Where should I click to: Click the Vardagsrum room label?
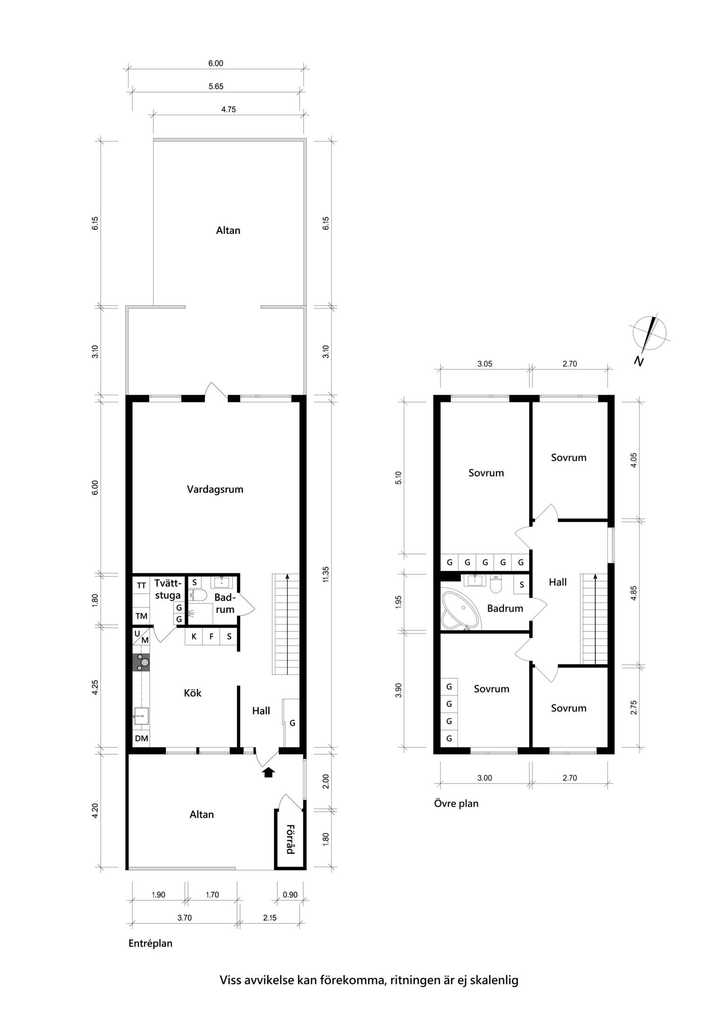215,489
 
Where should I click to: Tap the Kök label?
193,693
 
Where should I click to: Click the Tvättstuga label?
168,589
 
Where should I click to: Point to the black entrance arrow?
268,772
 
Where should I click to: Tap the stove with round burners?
141,663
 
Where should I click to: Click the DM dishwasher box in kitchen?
141,739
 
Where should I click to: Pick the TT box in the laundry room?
141,586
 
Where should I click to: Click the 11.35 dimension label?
326,574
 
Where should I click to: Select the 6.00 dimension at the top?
216,63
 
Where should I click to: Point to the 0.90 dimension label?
290,894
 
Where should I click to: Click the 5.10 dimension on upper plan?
399,477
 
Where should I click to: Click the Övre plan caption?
456,803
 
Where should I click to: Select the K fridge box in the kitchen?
194,637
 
